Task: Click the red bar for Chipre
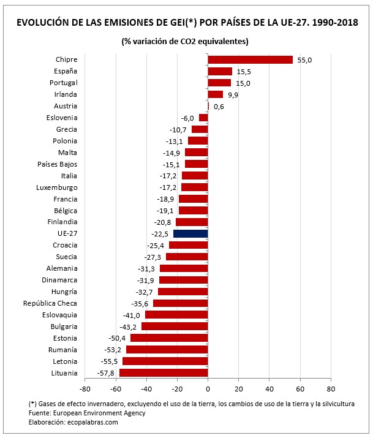(x=250, y=59)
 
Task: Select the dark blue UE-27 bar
(x=190, y=233)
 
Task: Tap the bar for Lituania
(x=164, y=372)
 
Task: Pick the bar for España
(x=220, y=71)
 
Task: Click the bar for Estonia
(x=169, y=338)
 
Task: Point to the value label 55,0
(x=305, y=60)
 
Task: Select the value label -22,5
(x=160, y=234)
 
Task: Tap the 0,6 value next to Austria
(x=219, y=106)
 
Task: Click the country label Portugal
(x=63, y=83)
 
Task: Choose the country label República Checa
(x=50, y=303)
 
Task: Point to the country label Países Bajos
(x=57, y=164)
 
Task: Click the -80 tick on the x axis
(x=85, y=388)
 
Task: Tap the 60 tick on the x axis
(x=300, y=388)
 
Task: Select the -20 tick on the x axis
(x=177, y=388)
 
